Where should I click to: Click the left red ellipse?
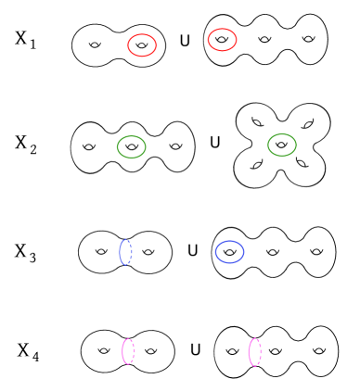142,45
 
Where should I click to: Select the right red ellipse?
222,40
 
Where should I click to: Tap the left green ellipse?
132,147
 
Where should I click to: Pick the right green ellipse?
282,145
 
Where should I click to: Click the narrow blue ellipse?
125,252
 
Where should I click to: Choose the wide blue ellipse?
229,252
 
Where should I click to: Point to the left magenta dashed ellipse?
128,351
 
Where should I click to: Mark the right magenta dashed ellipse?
254,352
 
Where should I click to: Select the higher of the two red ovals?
222,40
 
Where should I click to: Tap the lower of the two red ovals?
142,45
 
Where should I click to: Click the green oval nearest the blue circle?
282,145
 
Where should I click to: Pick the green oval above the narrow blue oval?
132,147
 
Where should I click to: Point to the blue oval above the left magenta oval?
125,252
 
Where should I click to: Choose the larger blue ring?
229,252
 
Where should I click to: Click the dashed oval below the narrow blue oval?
128,351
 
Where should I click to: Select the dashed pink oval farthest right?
254,352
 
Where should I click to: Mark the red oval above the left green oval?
142,45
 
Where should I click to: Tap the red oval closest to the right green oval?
222,40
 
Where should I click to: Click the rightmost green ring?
282,145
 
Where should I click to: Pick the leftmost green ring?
132,147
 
